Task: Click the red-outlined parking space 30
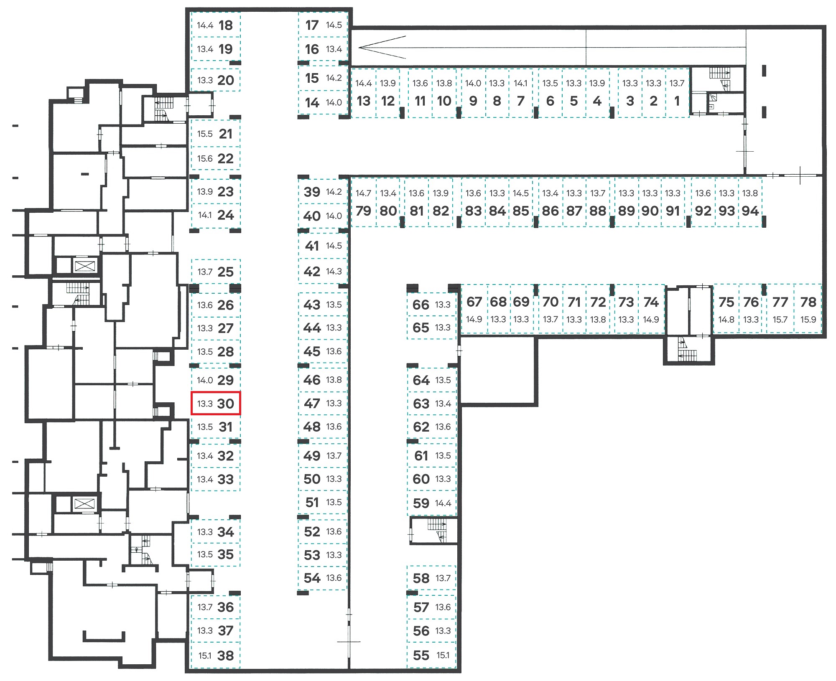click(x=216, y=403)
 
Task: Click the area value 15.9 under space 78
click(x=808, y=320)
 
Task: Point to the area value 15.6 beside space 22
click(x=205, y=159)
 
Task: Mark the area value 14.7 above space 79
click(x=363, y=193)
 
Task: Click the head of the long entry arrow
click(x=359, y=48)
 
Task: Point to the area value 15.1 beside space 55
click(x=443, y=655)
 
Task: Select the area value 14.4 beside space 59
click(x=443, y=503)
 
